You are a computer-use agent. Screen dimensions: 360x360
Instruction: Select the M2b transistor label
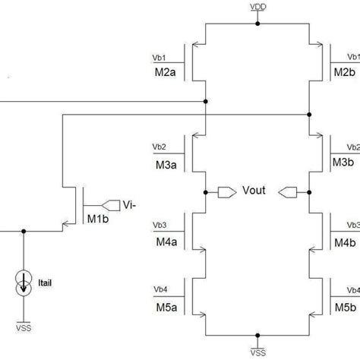[x=346, y=73]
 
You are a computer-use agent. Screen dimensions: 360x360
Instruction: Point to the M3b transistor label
[x=346, y=163]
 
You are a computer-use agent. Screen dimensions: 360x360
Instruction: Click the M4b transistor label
[x=346, y=243]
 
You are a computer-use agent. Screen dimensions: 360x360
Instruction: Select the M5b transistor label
[x=346, y=307]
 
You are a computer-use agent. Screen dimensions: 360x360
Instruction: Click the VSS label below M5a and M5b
[x=258, y=352]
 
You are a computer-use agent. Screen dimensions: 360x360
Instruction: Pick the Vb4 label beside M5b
[x=352, y=291]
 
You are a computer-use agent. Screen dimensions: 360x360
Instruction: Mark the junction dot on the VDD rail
[x=258, y=24]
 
